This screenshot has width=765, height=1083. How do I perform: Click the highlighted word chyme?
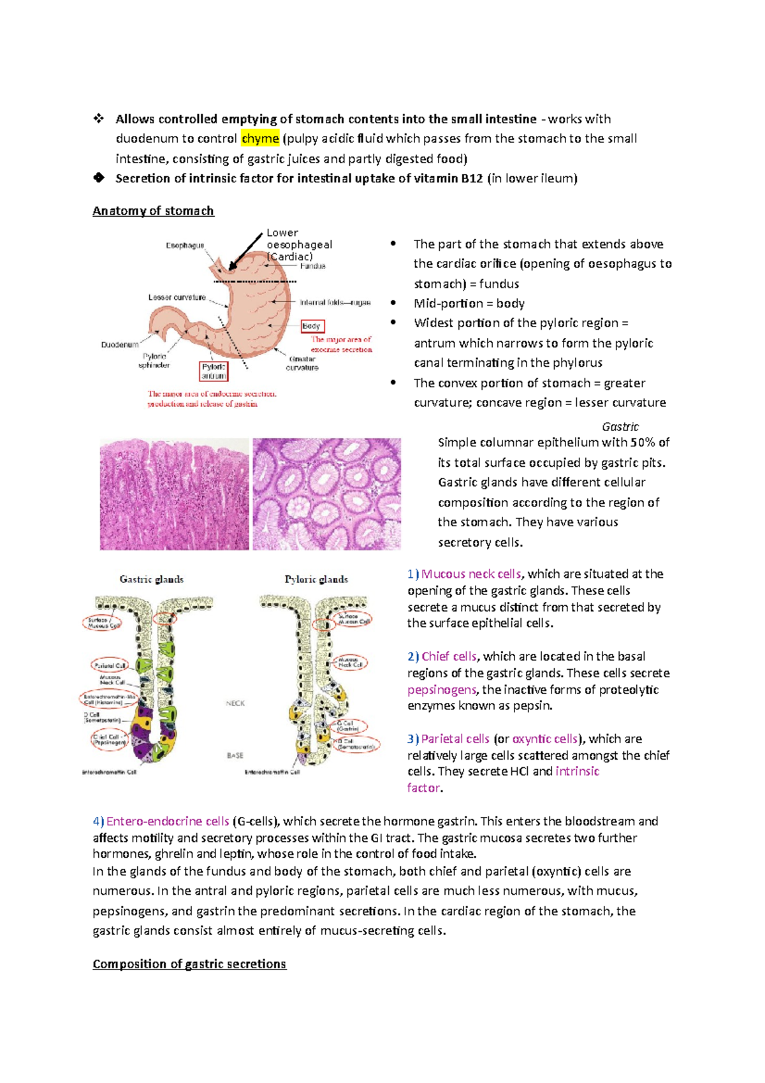coord(260,138)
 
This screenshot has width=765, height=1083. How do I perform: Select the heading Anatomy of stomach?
coord(153,211)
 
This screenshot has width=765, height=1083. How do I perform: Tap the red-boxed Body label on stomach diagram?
coord(312,326)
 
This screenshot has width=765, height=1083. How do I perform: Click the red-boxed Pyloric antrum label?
coord(214,371)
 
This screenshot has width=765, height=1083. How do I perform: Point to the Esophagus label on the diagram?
coord(185,246)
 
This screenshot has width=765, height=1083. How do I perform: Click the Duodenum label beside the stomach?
coord(119,345)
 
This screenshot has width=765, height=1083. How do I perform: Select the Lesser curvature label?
coord(177,297)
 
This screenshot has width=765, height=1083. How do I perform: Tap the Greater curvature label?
coord(302,364)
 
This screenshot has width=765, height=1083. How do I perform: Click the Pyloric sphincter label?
coord(154,361)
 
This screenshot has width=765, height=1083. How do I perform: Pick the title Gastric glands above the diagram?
coord(152,579)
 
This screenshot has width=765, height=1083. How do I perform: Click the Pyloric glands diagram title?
coord(316,579)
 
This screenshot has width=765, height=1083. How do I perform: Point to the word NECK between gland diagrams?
coord(235,704)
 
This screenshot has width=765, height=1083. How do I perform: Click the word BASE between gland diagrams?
coord(235,756)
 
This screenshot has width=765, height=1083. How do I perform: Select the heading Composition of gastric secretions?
coord(189,964)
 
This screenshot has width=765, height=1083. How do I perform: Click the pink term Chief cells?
coord(449,656)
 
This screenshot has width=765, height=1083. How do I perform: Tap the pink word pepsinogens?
coord(442,689)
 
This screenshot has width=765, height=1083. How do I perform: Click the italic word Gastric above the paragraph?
coord(620,427)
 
